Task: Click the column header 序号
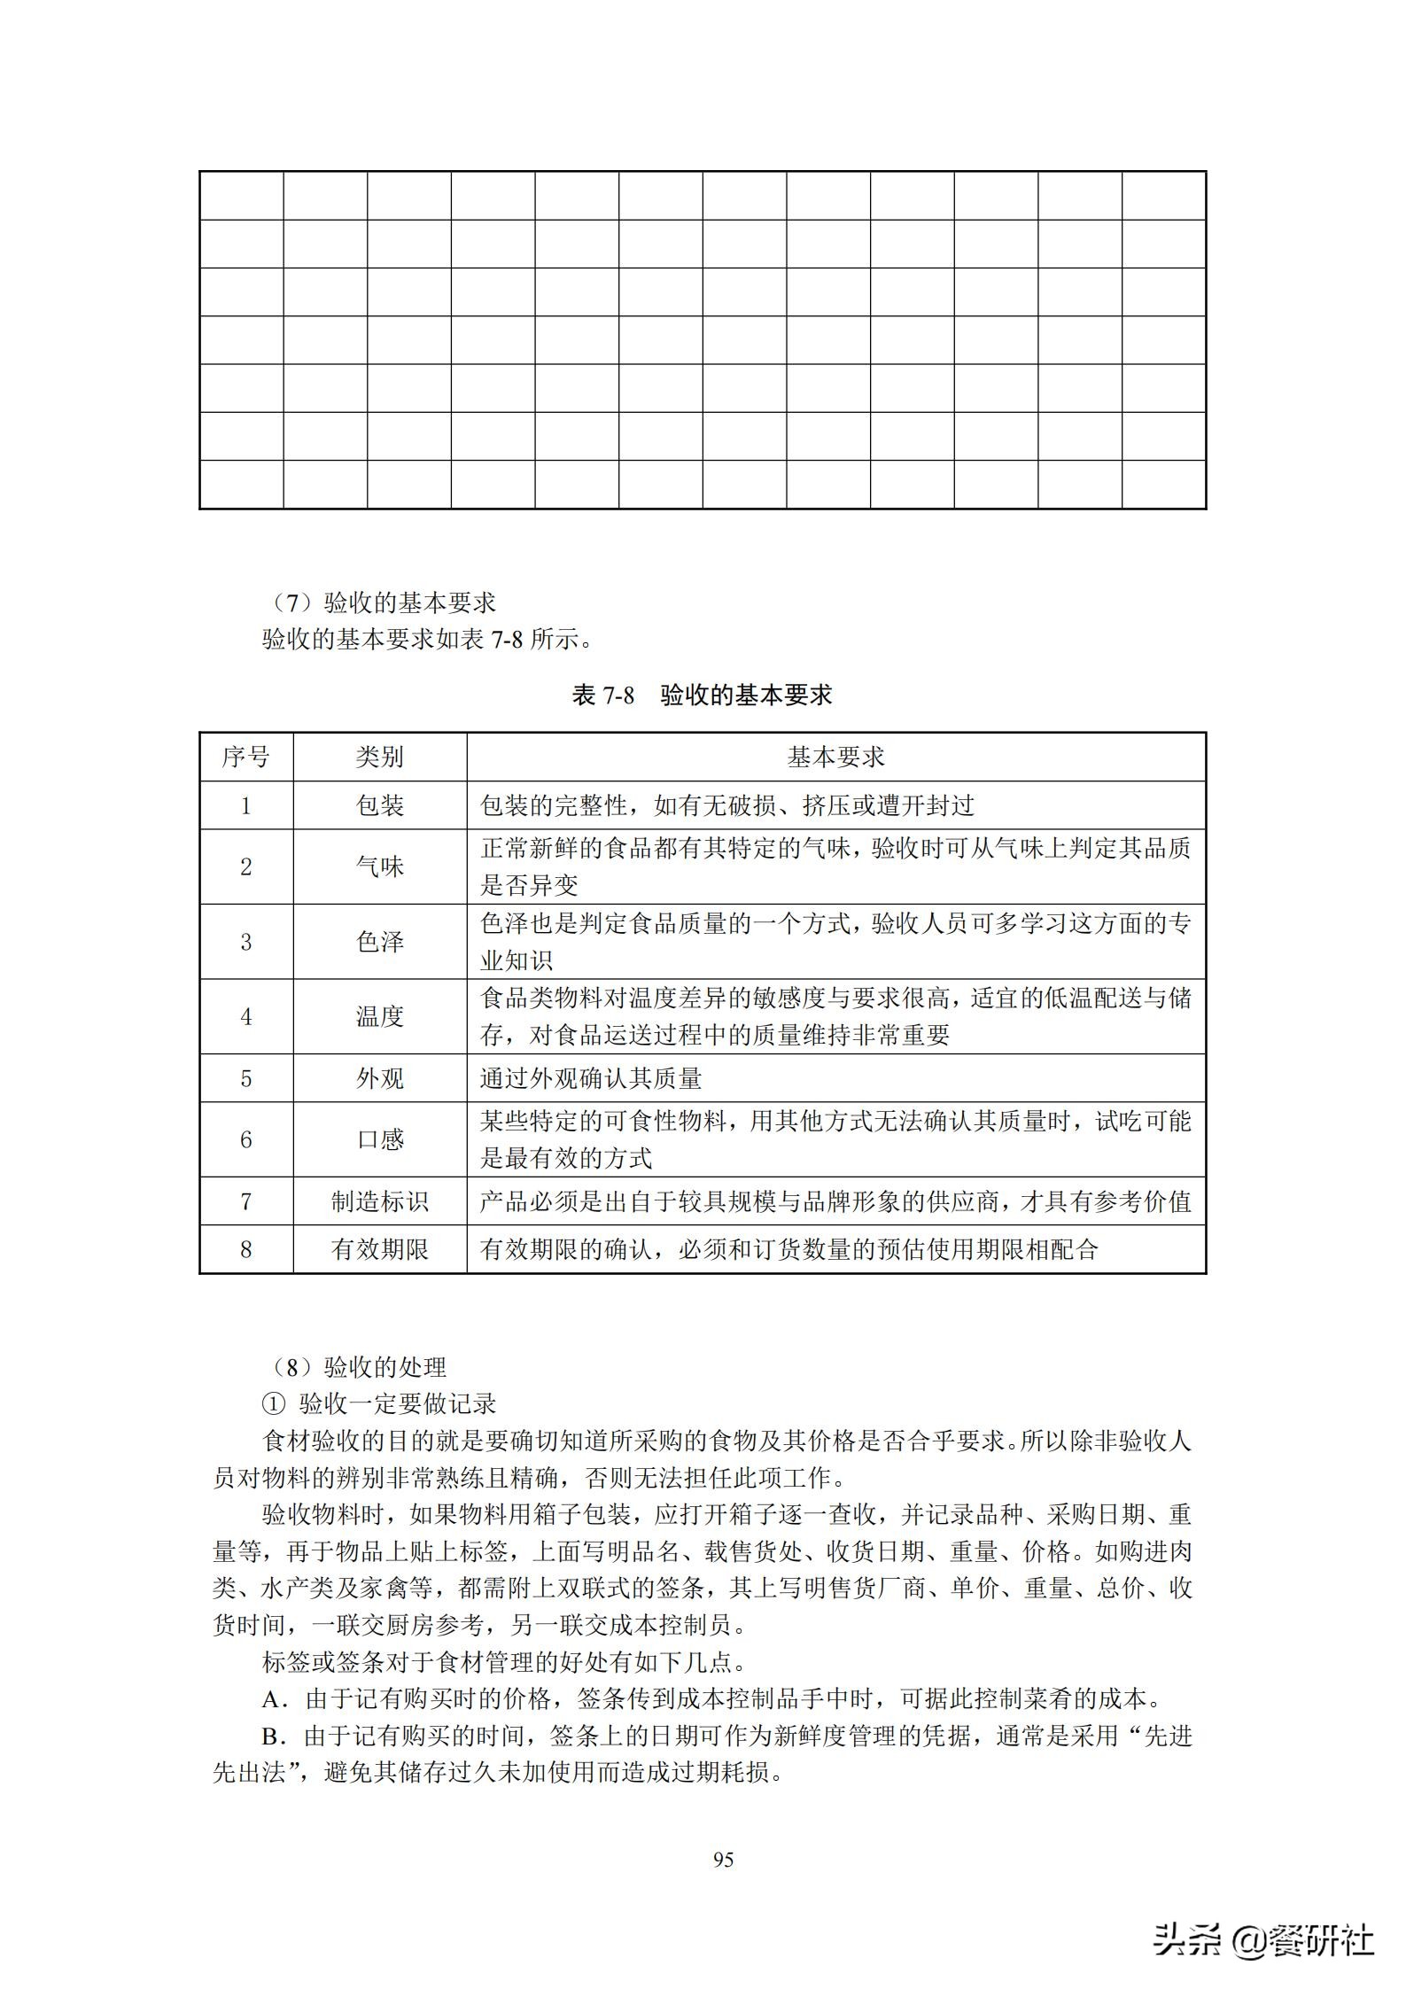[245, 757]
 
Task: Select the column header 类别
[379, 757]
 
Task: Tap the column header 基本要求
[835, 757]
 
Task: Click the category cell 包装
[379, 805]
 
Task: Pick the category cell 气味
[379, 866]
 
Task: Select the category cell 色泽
[379, 941]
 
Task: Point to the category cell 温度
[379, 1016]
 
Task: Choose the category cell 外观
[379, 1078]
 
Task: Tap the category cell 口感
[379, 1139]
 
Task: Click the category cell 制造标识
[379, 1201]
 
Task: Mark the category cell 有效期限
[379, 1249]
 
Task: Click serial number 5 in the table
[245, 1078]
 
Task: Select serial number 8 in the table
[245, 1249]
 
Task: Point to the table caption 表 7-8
[603, 695]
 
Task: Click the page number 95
[723, 1860]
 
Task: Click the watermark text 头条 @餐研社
[1262, 1938]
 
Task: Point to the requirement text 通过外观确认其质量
[591, 1078]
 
